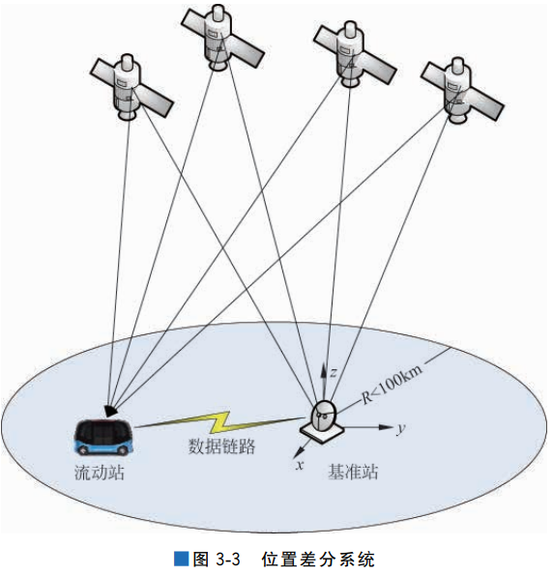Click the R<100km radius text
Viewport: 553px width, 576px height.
click(392, 384)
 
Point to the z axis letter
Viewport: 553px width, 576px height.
click(333, 371)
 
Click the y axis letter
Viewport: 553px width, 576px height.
click(399, 426)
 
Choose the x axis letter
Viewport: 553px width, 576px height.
click(300, 465)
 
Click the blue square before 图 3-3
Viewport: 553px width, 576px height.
click(180, 558)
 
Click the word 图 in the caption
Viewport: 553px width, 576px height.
click(200, 558)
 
